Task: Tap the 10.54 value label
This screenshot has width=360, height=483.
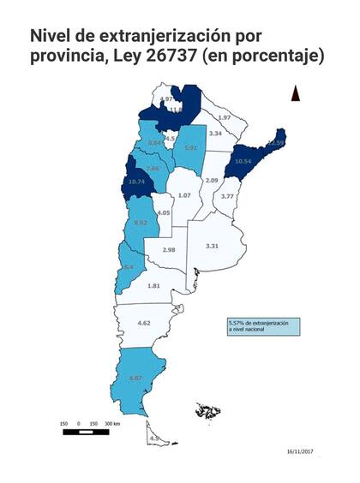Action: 243,160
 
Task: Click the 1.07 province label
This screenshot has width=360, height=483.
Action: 183,195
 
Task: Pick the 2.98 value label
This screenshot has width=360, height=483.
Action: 168,249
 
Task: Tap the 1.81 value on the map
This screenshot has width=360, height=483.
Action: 153,285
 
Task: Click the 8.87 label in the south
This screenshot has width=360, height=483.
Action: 135,378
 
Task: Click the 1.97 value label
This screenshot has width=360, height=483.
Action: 224,116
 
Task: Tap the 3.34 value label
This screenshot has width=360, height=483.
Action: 216,134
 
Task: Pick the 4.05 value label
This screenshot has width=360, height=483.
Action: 165,212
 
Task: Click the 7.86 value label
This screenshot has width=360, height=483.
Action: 152,169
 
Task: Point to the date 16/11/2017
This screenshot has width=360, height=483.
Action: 300,450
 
